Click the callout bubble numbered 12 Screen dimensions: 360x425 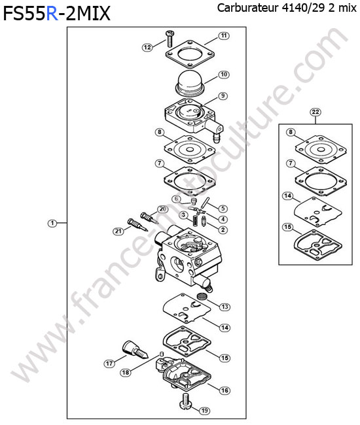pyautogui.click(x=147, y=48)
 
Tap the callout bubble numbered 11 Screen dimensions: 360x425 pyautogui.click(x=224, y=36)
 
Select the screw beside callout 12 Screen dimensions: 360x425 pyautogui.click(x=170, y=39)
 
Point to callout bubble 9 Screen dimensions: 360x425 pyautogui.click(x=223, y=96)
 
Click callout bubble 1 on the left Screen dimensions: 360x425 pyautogui.click(x=52, y=224)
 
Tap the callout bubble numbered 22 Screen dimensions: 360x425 pyautogui.click(x=315, y=112)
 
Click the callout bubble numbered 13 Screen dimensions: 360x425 pyautogui.click(x=225, y=307)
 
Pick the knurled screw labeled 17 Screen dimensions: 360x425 pyautogui.click(x=135, y=350)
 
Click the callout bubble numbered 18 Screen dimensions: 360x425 pyautogui.click(x=125, y=373)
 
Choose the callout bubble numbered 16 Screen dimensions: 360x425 pyautogui.click(x=225, y=390)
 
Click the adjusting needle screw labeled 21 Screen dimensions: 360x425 pyautogui.click(x=137, y=225)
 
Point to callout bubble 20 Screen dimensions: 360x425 pyautogui.click(x=162, y=209)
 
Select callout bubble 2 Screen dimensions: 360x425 pyautogui.click(x=223, y=230)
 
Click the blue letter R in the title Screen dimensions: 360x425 pyautogui.click(x=52, y=14)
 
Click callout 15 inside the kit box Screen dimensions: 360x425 pyautogui.click(x=288, y=227)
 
